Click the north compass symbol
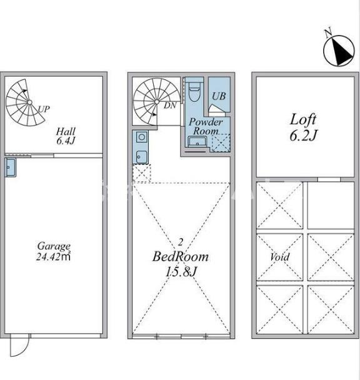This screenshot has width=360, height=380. (339, 51)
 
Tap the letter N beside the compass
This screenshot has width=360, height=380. (328, 33)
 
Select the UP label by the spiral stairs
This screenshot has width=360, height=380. (44, 109)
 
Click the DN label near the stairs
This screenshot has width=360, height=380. (170, 106)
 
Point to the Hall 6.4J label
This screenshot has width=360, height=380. (66, 136)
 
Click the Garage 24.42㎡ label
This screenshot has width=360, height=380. (54, 251)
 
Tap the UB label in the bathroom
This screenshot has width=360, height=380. (218, 96)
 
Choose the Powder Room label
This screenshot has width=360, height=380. (206, 126)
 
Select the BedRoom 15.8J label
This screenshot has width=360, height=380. (181, 264)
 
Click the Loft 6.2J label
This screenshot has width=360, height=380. (303, 127)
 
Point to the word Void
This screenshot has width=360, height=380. (279, 257)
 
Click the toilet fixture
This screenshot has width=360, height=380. (194, 91)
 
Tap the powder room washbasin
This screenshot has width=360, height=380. (197, 142)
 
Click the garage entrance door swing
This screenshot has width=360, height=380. (20, 345)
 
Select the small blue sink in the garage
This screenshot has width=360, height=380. (11, 167)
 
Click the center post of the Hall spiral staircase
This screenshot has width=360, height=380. (29, 102)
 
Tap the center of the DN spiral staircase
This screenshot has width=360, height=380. (157, 101)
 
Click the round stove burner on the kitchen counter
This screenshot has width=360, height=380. (142, 137)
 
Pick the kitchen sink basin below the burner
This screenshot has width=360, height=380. (141, 156)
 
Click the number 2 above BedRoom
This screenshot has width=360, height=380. (180, 242)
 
